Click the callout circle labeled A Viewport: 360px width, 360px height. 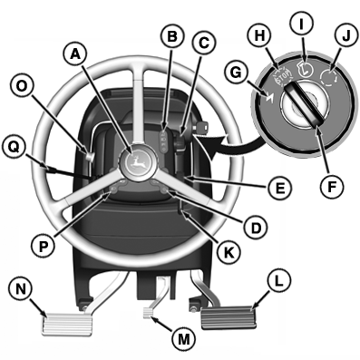pyautogui.click(x=75, y=55)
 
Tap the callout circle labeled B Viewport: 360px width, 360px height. pyautogui.click(x=172, y=36)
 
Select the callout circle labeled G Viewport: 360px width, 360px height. pyautogui.click(x=237, y=73)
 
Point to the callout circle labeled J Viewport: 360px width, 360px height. pyautogui.click(x=345, y=36)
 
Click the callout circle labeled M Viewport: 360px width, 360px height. pyautogui.click(x=184, y=339)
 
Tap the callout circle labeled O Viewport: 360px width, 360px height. pyautogui.click(x=21, y=87)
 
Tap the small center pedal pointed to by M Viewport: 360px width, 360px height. pyautogui.click(x=149, y=313)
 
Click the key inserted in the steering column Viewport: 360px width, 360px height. pyautogui.click(x=201, y=127)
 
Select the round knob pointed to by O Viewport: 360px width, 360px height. pyautogui.click(x=90, y=156)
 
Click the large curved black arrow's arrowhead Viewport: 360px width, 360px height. pyautogui.click(x=216, y=148)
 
